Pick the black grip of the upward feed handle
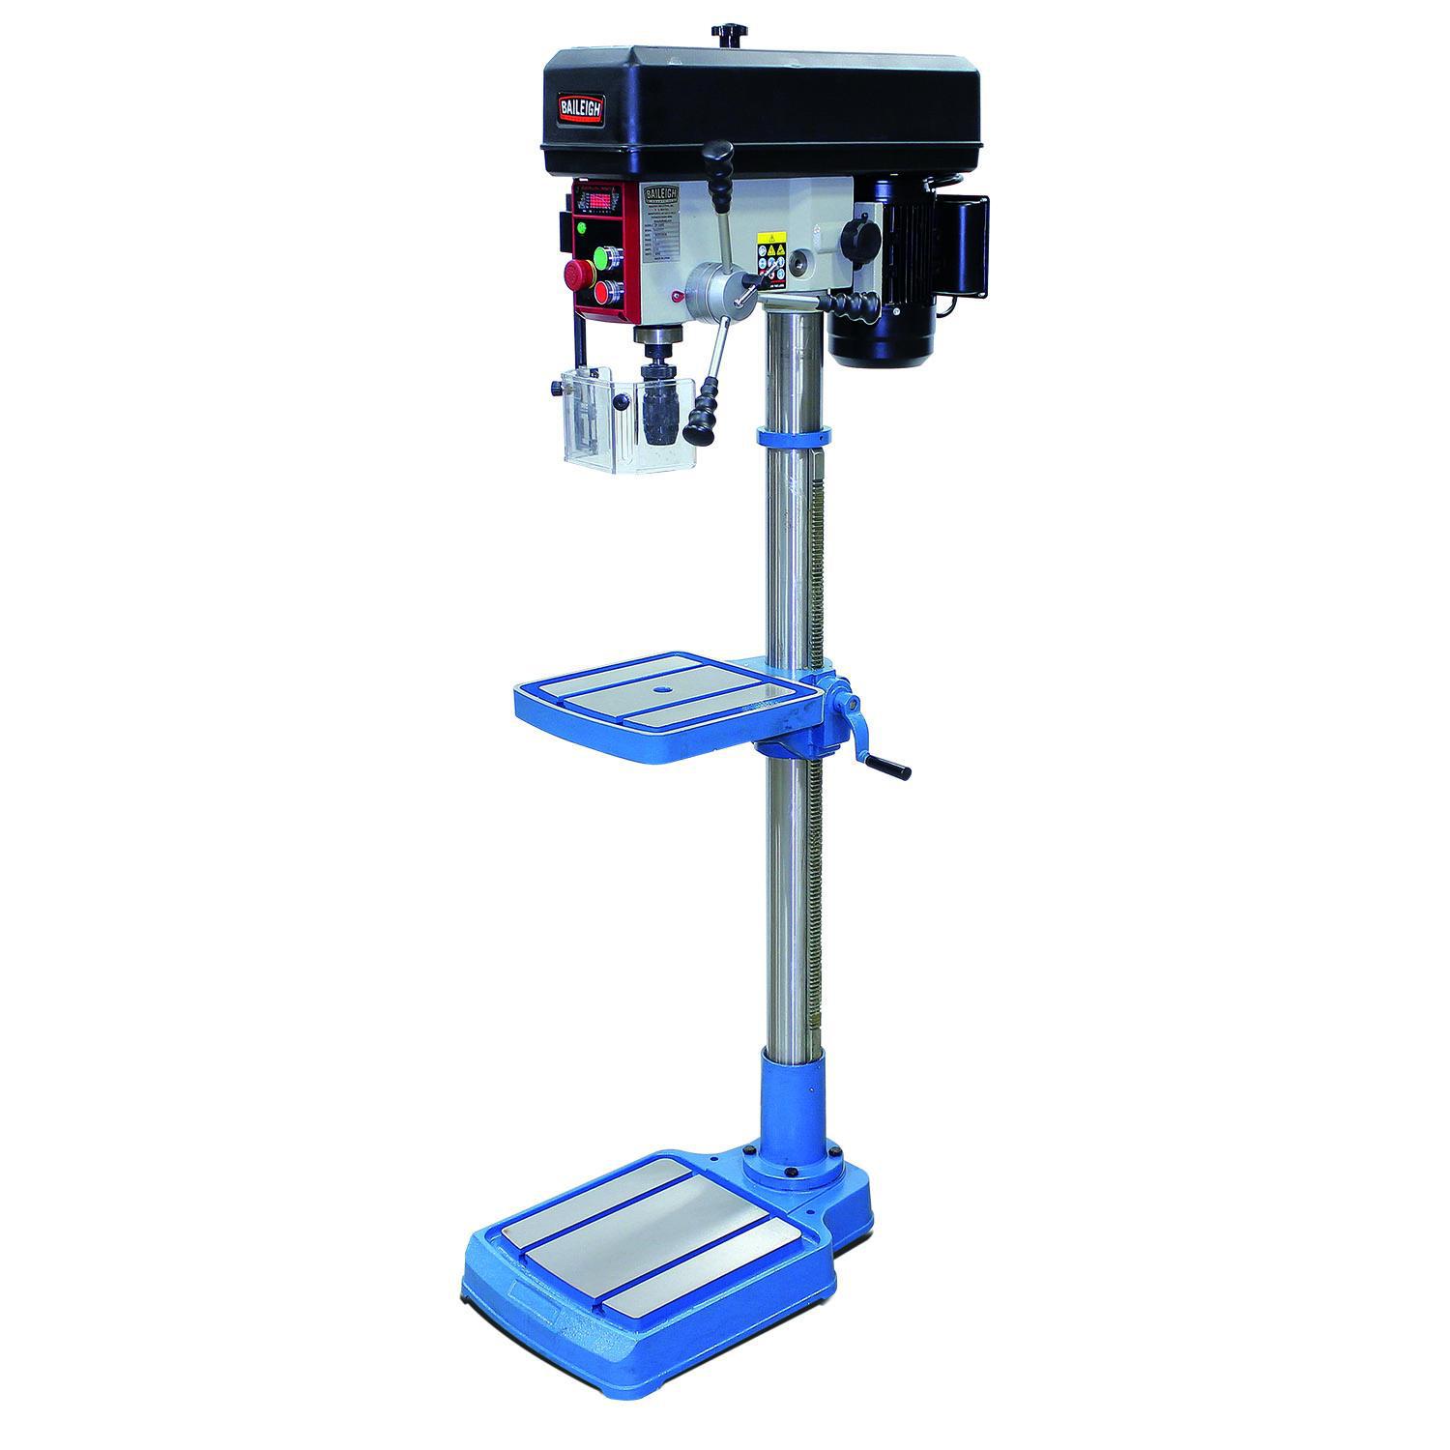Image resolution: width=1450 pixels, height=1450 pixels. click(719, 156)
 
